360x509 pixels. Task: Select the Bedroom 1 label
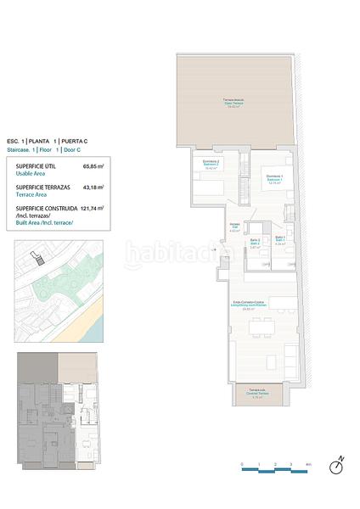point(274,180)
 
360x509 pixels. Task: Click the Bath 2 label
point(254,243)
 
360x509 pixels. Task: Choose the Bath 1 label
point(280,241)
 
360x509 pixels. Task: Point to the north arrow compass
point(338,464)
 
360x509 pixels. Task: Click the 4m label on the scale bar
point(308,466)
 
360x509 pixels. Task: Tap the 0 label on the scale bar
point(243,466)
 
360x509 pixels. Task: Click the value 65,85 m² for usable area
point(93,166)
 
